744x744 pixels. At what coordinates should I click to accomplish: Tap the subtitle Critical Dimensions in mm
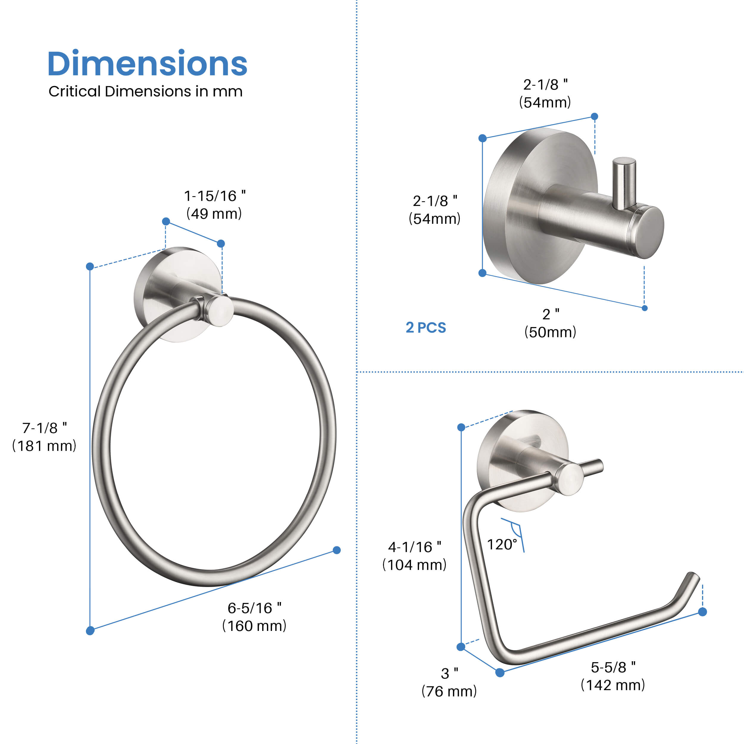pyautogui.click(x=145, y=92)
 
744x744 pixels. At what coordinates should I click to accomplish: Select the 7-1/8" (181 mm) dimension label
pyautogui.click(x=44, y=437)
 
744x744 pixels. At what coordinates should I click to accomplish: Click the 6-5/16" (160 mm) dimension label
pyautogui.click(x=254, y=617)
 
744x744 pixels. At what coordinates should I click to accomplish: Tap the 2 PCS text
pyautogui.click(x=426, y=328)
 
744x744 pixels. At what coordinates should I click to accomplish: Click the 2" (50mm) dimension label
pyautogui.click(x=550, y=323)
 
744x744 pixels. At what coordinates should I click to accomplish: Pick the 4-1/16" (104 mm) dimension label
pyautogui.click(x=414, y=556)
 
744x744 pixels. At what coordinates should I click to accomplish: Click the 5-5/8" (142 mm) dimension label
pyautogui.click(x=613, y=676)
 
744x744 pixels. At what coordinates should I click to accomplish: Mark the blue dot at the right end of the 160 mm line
pyautogui.click(x=337, y=550)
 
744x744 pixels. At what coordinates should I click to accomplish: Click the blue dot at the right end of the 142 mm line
pyautogui.click(x=702, y=612)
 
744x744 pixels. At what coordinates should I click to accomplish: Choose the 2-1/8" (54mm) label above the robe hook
pyautogui.click(x=545, y=93)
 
